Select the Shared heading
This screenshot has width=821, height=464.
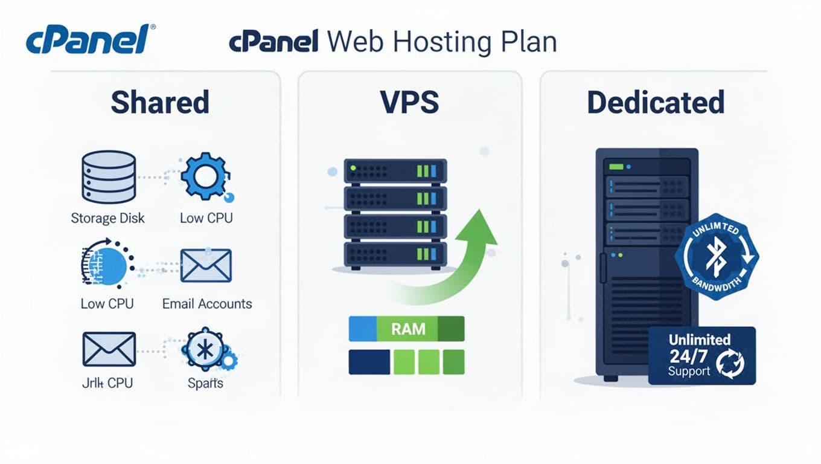[160, 102]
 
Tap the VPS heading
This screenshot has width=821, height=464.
[410, 102]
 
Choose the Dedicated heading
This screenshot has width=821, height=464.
[656, 102]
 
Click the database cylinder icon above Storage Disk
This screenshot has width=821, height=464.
[108, 177]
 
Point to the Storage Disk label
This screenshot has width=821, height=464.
[108, 217]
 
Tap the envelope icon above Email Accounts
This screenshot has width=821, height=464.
[206, 265]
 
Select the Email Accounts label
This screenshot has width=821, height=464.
[207, 303]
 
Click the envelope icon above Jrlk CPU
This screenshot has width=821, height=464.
[108, 349]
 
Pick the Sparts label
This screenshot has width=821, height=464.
[205, 383]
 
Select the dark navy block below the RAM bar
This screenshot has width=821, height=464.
[369, 362]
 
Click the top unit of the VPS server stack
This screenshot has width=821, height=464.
[395, 171]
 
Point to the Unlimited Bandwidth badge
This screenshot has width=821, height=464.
[716, 257]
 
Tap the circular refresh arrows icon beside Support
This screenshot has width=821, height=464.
[730, 363]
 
